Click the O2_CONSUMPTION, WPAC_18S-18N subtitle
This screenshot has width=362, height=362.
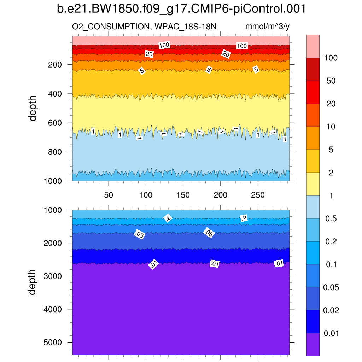tap(144, 27)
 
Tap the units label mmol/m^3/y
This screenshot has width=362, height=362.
tap(268, 27)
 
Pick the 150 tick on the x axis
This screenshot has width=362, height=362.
tap(183, 195)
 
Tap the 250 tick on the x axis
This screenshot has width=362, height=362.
tap(258, 195)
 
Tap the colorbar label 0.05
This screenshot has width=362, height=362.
tap(331, 288)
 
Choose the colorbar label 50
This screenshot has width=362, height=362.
tap(331, 81)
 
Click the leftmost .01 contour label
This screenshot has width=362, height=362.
tap(153, 264)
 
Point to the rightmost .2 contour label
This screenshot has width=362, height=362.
tap(244, 218)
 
